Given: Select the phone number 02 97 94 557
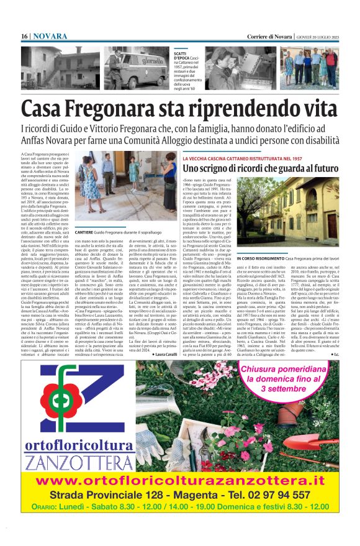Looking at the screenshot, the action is tap(279, 495).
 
